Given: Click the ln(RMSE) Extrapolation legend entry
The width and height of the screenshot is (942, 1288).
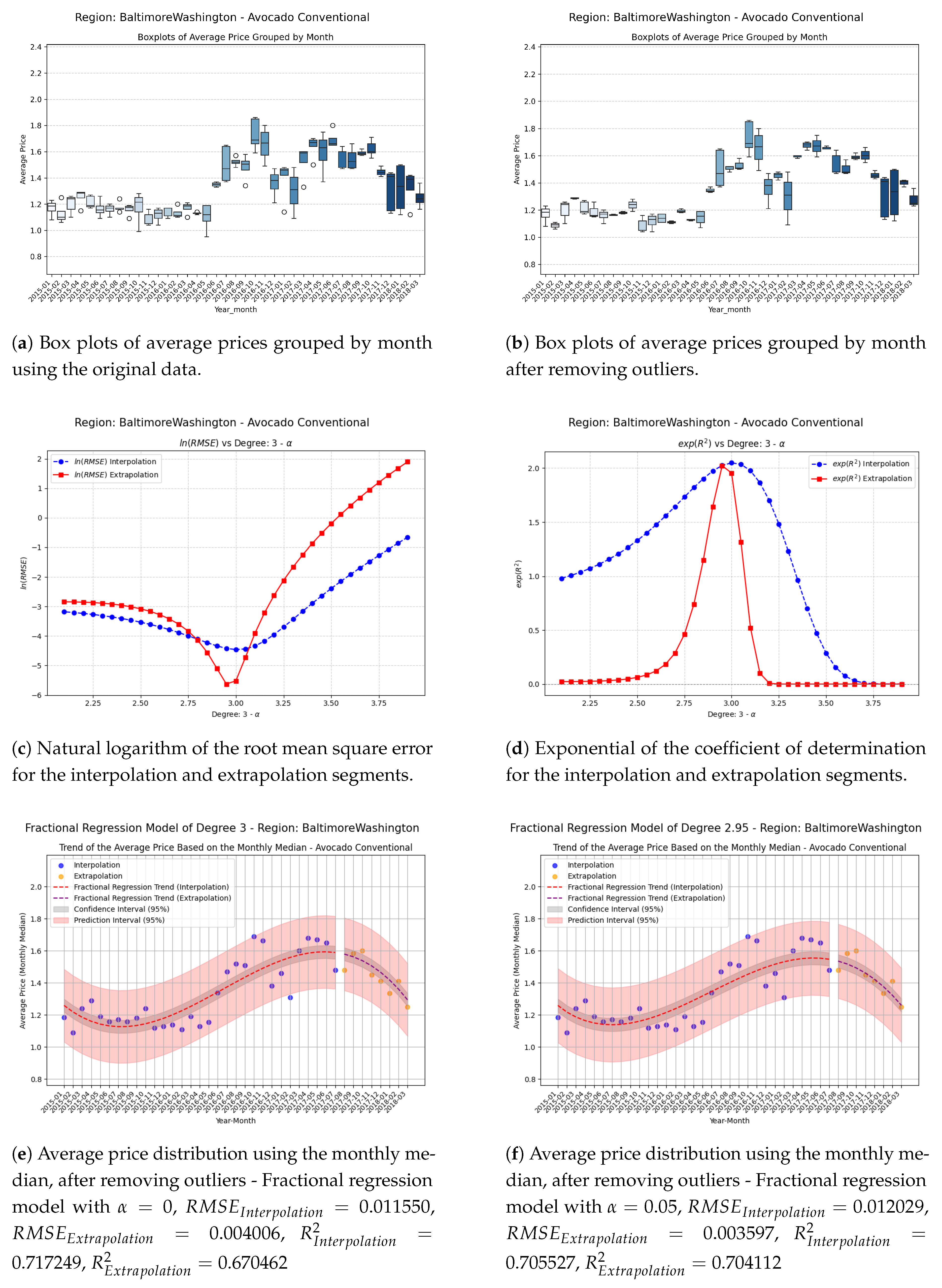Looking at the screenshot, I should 116,475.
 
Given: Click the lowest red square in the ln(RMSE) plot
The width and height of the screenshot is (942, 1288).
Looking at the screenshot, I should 226,684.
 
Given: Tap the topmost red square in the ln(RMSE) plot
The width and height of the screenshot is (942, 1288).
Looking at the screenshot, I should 407,462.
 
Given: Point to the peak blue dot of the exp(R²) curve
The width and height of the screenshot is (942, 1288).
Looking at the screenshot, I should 732,463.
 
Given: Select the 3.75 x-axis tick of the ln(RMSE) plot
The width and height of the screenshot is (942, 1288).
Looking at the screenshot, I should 379,703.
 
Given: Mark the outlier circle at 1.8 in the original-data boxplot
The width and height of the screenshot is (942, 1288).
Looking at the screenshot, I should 333,125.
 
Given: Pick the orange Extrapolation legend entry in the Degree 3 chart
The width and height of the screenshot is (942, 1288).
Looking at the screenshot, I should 98,876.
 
